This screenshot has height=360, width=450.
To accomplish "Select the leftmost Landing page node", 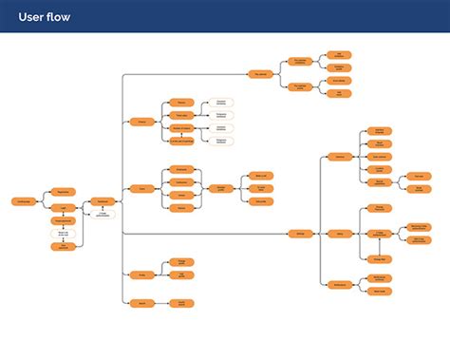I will coord(24,200).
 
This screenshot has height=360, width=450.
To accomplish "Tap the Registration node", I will coord(63,192).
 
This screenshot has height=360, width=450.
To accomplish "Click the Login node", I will coord(63,208).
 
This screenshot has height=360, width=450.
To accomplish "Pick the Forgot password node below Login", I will coord(63,220).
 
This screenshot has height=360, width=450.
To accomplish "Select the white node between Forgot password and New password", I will coord(63,233).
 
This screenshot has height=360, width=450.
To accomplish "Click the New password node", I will coord(63,246).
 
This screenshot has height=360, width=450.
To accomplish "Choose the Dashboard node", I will coord(103,200).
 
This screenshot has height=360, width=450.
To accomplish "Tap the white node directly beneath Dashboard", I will coord(103,214).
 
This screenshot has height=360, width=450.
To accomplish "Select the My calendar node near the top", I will coord(259,73).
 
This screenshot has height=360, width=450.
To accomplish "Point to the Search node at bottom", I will coord(141,303).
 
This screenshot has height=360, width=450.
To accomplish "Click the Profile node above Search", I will coord(141,275).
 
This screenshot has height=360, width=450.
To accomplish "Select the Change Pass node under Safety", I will coord(378,257).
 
